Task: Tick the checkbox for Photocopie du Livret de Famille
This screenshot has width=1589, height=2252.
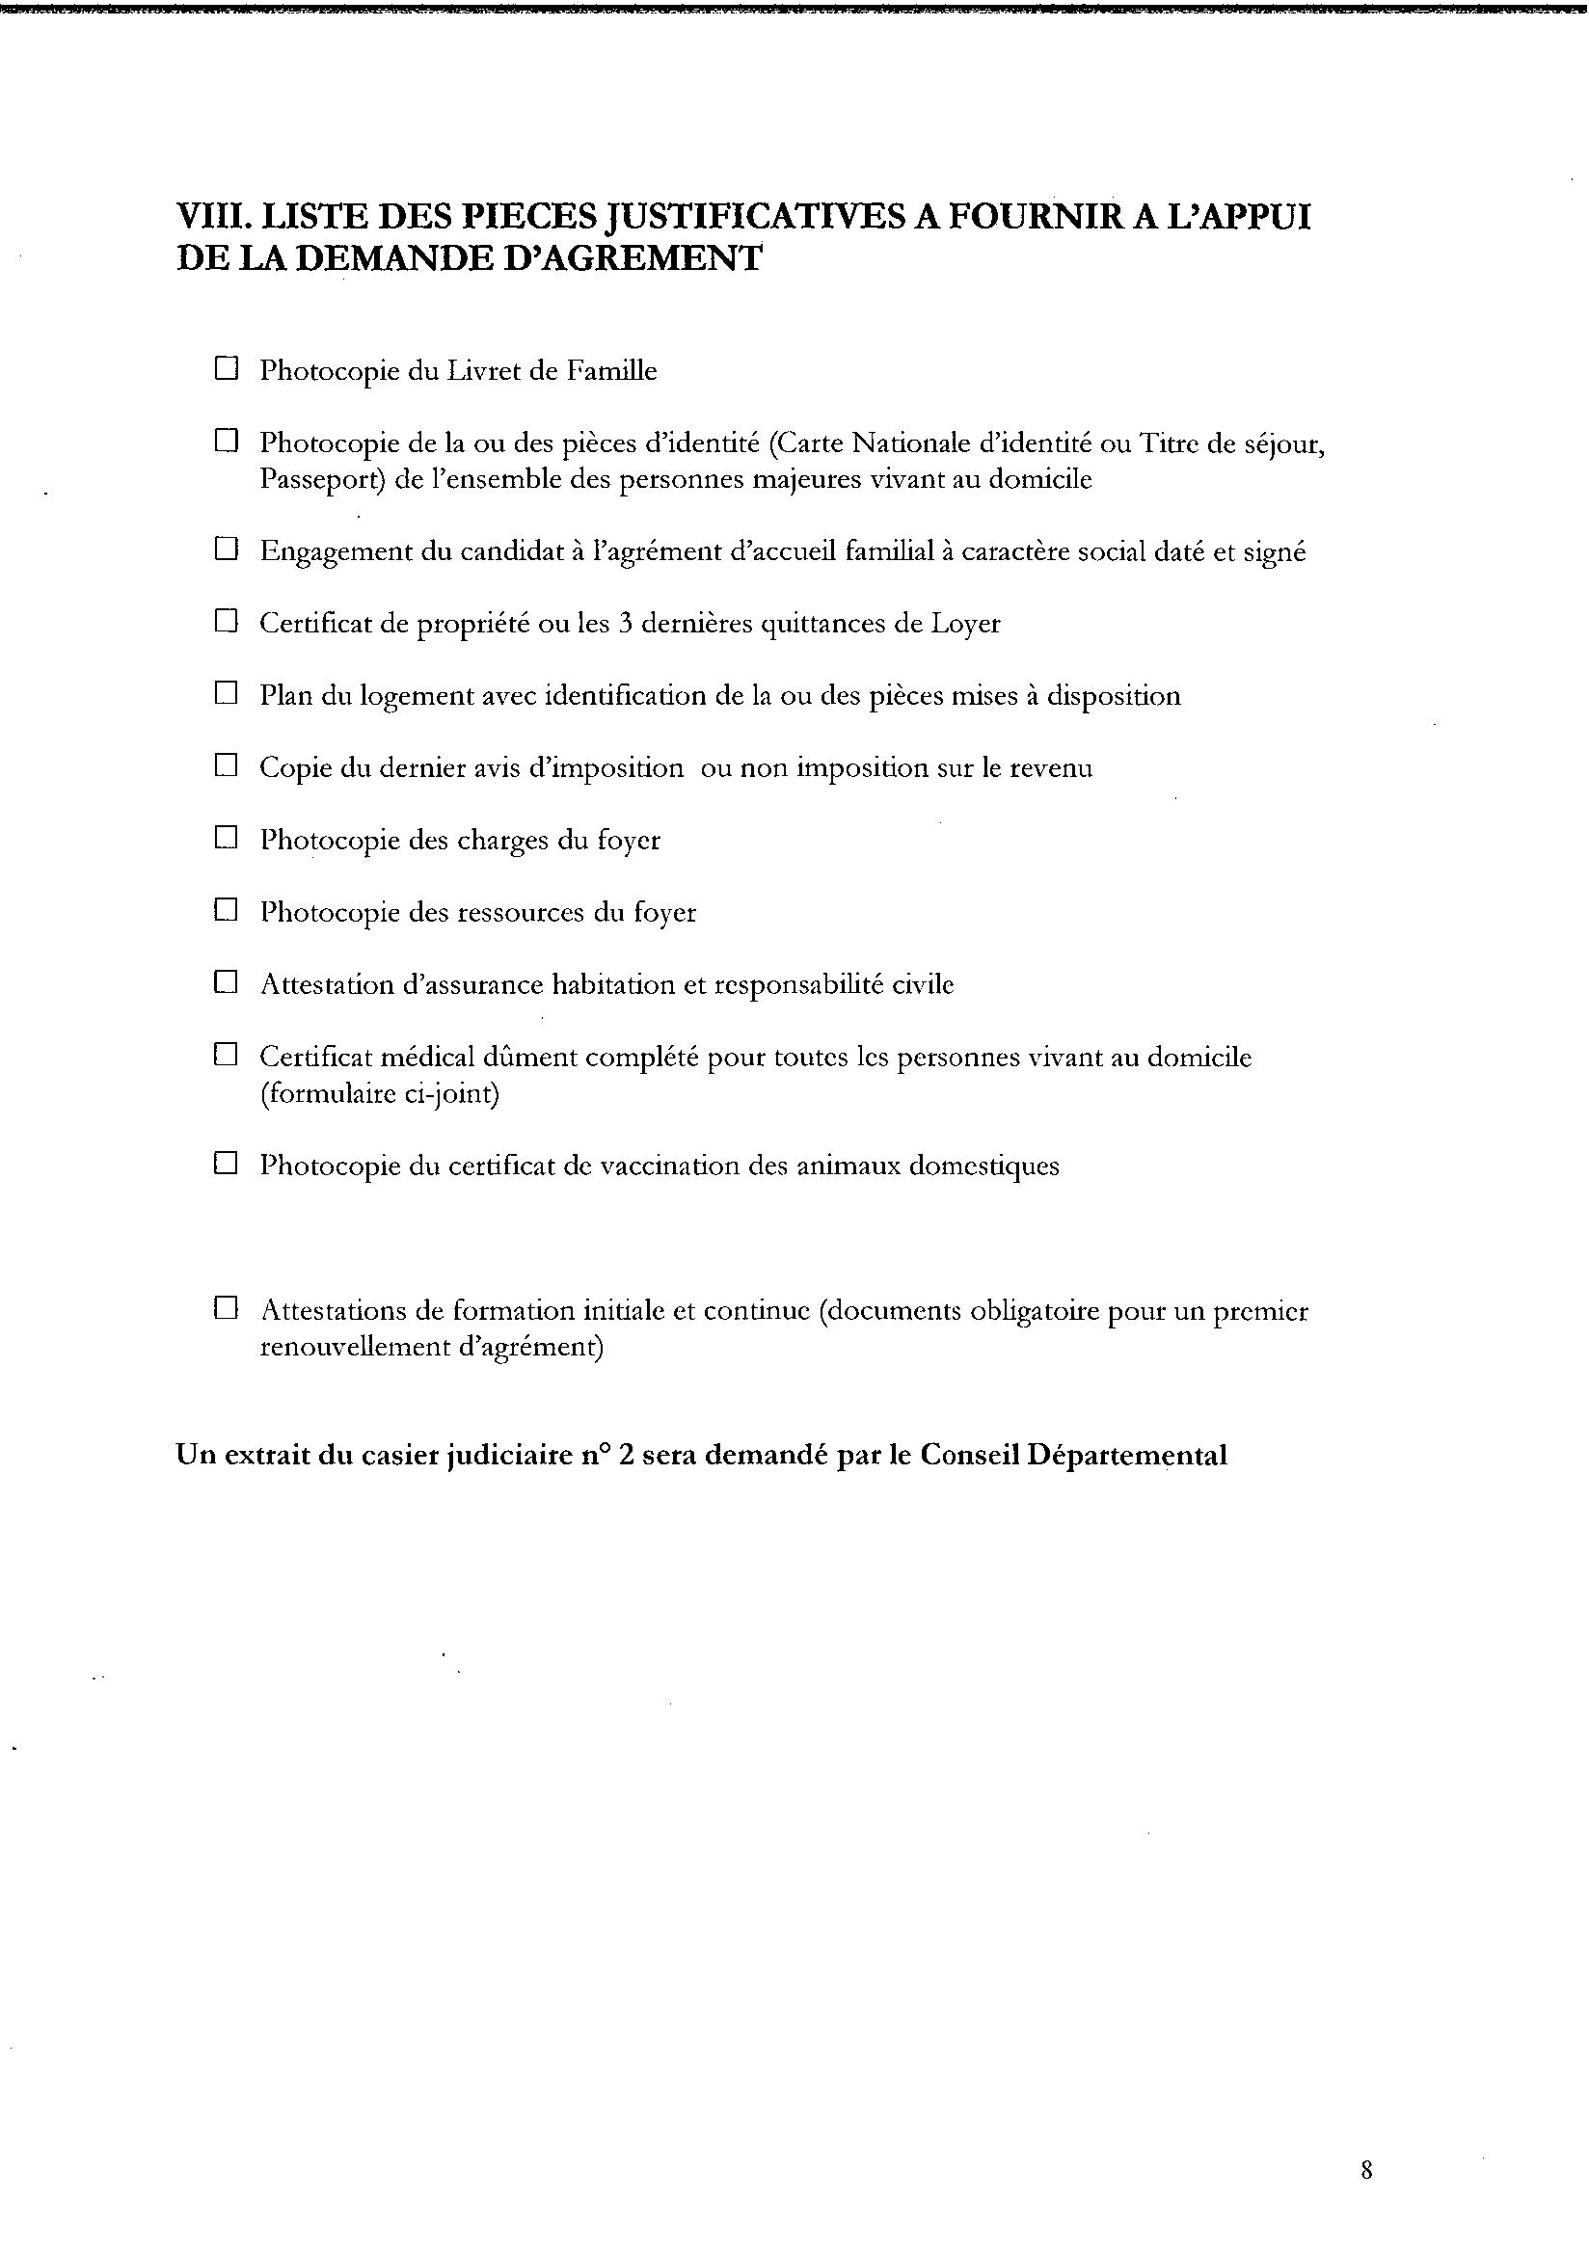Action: pos(227,369)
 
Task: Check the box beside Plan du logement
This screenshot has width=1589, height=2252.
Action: pos(227,693)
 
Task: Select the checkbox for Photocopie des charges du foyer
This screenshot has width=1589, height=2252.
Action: pos(227,838)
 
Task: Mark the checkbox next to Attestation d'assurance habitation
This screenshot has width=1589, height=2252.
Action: pos(227,981)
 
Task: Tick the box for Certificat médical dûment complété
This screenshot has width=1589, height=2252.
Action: pos(227,1055)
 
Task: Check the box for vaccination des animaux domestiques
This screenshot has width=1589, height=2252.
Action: pos(227,1164)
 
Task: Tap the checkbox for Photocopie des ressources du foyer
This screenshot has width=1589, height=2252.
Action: pos(227,910)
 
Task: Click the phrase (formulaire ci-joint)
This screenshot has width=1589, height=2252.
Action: pos(380,1093)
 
